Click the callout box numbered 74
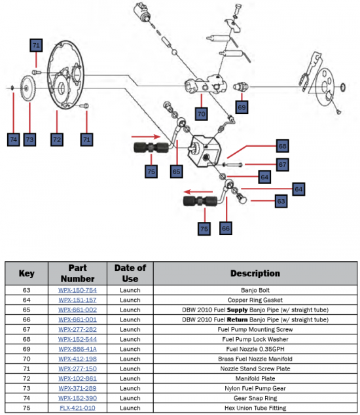tap(14, 139)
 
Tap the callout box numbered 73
tap(29, 139)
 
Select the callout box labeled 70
tap(201, 114)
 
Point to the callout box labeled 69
tap(242, 107)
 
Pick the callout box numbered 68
tap(283, 146)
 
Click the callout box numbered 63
tap(281, 201)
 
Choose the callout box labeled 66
tap(226, 228)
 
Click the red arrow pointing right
tap(146, 137)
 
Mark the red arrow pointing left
tap(198, 192)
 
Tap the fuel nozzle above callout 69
tap(241, 86)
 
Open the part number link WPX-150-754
tap(77, 290)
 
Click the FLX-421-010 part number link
tap(77, 408)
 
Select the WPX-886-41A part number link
tap(77, 349)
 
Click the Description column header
tap(255, 274)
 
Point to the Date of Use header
tap(130, 274)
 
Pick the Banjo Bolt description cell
tap(255, 290)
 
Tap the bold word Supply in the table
tap(237, 310)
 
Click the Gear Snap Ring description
tap(255, 398)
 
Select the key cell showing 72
tap(26, 378)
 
